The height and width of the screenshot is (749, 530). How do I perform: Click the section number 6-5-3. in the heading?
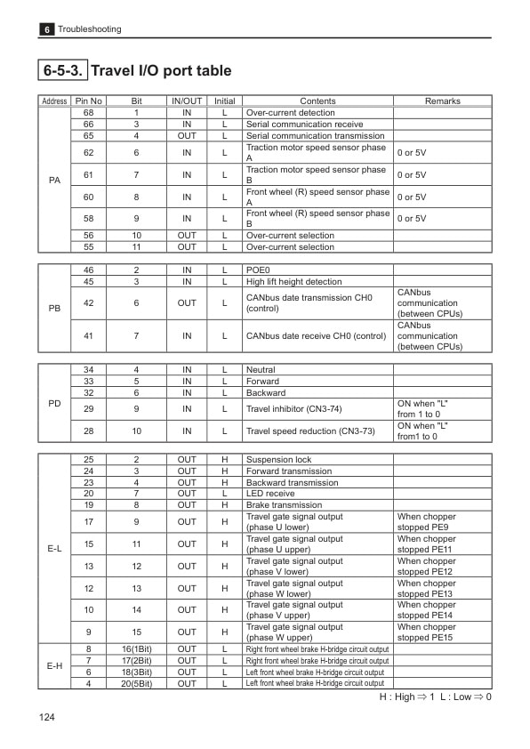pyautogui.click(x=63, y=70)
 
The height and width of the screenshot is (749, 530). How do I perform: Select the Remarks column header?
pyautogui.click(x=442, y=101)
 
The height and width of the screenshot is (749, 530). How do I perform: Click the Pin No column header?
pyautogui.click(x=89, y=101)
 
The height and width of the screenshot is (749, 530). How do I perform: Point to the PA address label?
pyautogui.click(x=54, y=181)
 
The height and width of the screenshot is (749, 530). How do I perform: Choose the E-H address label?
pyautogui.click(x=54, y=666)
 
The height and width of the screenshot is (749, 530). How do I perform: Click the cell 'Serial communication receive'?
pyautogui.click(x=304, y=125)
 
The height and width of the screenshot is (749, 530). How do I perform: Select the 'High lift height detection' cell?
pyautogui.click(x=293, y=282)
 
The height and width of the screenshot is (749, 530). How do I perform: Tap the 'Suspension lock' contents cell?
pyautogui.click(x=278, y=460)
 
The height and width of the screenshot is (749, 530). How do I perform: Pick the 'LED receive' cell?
pyautogui.click(x=270, y=494)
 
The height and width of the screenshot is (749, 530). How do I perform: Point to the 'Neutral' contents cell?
pyautogui.click(x=261, y=369)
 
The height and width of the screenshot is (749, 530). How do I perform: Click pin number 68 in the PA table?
pyautogui.click(x=89, y=113)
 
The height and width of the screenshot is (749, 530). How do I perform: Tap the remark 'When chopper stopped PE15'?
pyautogui.click(x=426, y=632)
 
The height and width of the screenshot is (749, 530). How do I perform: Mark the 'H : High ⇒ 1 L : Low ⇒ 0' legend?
pyautogui.click(x=435, y=697)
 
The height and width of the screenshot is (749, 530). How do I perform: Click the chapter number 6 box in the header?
pyautogui.click(x=46, y=29)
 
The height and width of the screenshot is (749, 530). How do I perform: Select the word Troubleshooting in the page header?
pyautogui.click(x=90, y=29)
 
